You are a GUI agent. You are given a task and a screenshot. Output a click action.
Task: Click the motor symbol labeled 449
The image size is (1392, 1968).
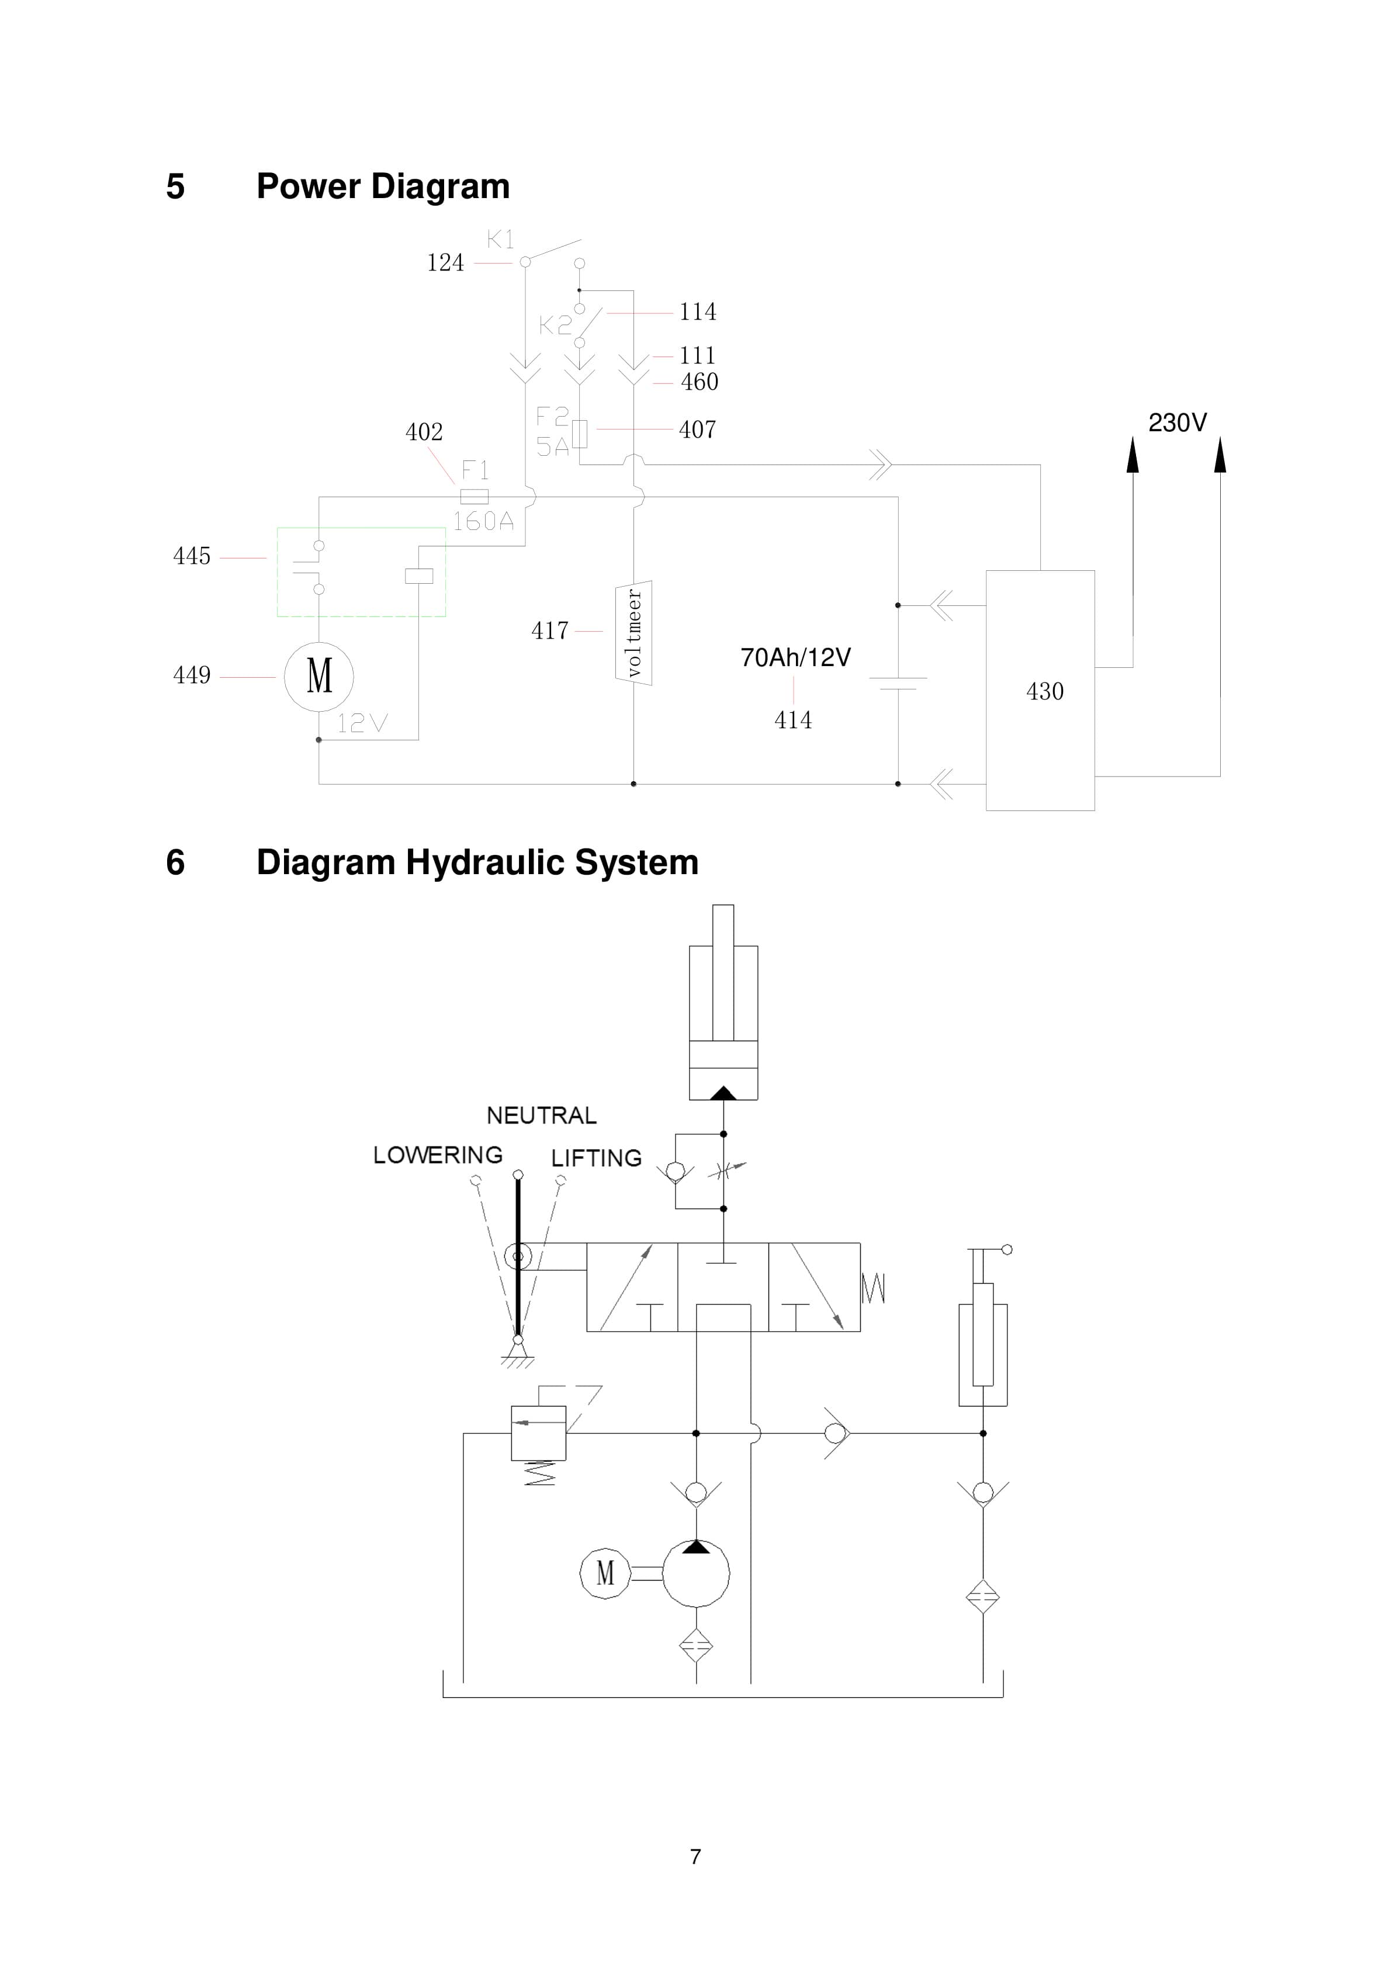pyautogui.click(x=319, y=676)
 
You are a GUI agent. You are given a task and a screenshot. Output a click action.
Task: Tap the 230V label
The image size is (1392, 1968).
pyautogui.click(x=1177, y=422)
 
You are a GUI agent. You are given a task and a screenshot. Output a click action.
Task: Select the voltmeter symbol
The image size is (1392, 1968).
pyautogui.click(x=633, y=633)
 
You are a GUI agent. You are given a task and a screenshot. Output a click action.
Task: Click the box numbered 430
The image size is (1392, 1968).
pyautogui.click(x=1040, y=690)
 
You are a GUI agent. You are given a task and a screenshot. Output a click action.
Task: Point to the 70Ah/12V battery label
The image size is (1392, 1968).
pyautogui.click(x=795, y=657)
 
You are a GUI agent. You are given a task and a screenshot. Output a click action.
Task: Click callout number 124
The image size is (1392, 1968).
pyautogui.click(x=445, y=262)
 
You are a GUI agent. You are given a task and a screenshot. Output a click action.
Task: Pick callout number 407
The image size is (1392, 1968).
pyautogui.click(x=697, y=429)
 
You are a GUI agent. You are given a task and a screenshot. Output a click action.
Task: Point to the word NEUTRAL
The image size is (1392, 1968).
pyautogui.click(x=541, y=1115)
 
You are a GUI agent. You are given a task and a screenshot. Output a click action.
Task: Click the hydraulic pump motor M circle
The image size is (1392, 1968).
pyautogui.click(x=605, y=1573)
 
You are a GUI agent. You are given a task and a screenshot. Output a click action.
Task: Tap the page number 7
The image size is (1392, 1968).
pyautogui.click(x=695, y=1856)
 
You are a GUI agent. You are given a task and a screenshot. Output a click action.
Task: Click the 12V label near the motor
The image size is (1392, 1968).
pyautogui.click(x=362, y=723)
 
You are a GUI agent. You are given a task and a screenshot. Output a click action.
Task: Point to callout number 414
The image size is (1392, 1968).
pyautogui.click(x=793, y=720)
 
